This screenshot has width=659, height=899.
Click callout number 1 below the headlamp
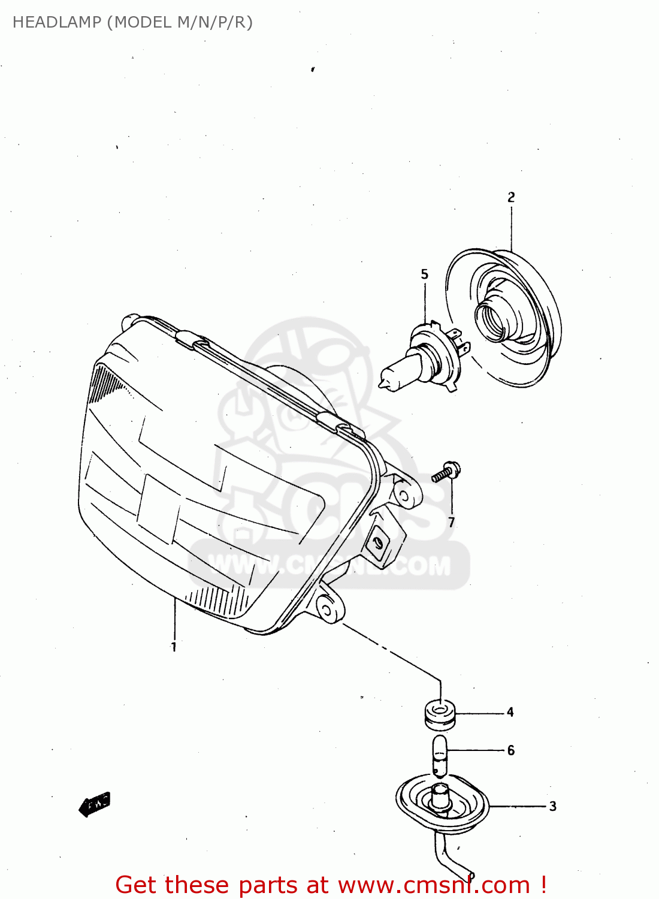click(x=174, y=647)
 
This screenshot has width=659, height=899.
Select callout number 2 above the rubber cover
click(x=511, y=197)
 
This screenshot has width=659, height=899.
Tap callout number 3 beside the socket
click(x=552, y=807)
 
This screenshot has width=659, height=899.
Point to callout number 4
click(x=510, y=712)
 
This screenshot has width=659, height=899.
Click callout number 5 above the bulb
click(x=425, y=274)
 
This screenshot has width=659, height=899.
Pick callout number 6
click(x=510, y=750)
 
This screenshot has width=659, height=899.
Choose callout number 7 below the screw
click(x=452, y=523)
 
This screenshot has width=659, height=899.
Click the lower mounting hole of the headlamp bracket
click(x=327, y=611)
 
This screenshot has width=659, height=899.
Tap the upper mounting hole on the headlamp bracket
click(x=403, y=496)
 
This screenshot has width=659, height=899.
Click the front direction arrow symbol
click(x=95, y=804)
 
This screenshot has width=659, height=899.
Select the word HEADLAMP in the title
click(x=57, y=22)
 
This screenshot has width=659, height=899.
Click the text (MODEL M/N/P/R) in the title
click(x=180, y=22)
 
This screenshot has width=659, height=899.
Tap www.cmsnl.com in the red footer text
click(x=434, y=885)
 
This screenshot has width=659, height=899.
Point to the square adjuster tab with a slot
click(x=377, y=542)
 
